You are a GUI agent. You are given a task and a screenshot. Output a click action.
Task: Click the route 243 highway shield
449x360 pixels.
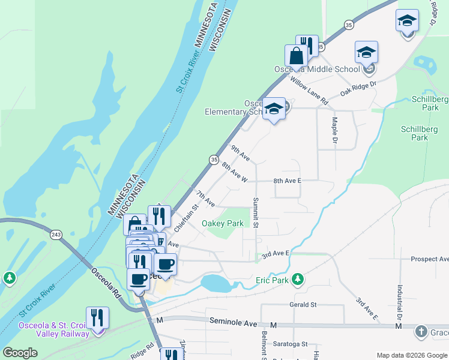pyautogui.click(x=56, y=234)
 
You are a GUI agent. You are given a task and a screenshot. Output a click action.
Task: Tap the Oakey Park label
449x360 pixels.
pyautogui.click(x=222, y=224)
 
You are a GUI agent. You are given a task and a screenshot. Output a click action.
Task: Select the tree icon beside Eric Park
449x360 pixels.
pyautogui.click(x=297, y=279)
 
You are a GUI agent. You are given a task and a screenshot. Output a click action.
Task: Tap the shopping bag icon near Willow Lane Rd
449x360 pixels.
pyautogui.click(x=296, y=56)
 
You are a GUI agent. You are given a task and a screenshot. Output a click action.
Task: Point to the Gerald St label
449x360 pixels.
pyautogui.click(x=303, y=305)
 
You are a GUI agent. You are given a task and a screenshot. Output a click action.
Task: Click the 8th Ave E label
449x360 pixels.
pyautogui.click(x=287, y=181)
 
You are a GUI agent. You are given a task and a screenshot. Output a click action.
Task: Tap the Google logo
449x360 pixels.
pyautogui.click(x=20, y=353)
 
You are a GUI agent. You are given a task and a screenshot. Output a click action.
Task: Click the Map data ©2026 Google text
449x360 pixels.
pyautogui.click(x=411, y=355)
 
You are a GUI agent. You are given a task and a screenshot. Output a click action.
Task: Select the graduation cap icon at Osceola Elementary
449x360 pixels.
pyautogui.click(x=274, y=109)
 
